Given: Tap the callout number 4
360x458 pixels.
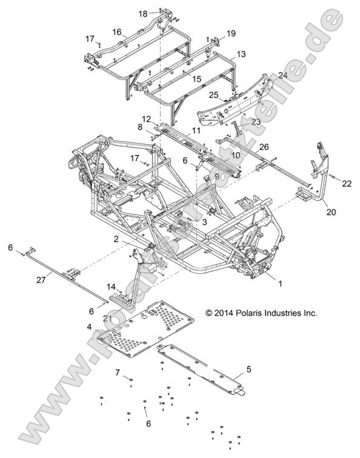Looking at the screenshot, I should (x=90, y=327).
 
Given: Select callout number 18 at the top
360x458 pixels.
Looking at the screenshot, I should (x=143, y=13).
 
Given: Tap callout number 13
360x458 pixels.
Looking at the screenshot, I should (x=241, y=55).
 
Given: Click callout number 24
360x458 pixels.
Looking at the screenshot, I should (x=265, y=75).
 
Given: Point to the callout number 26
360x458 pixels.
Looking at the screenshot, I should (x=247, y=147).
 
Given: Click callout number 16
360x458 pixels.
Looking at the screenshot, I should (x=116, y=32).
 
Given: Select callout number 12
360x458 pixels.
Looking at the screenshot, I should (x=146, y=118).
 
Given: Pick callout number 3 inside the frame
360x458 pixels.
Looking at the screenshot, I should (x=205, y=223).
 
